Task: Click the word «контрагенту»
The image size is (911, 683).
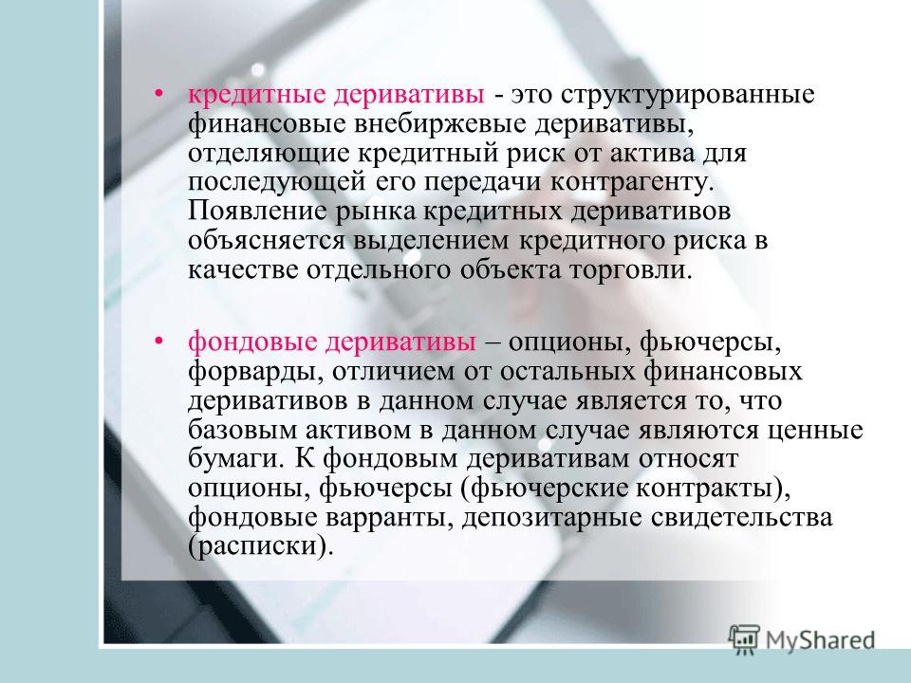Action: click(x=630, y=182)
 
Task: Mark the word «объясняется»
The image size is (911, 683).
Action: click(x=268, y=240)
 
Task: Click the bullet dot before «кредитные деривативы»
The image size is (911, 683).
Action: click(x=158, y=94)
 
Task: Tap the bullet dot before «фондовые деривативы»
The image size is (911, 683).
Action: click(x=158, y=341)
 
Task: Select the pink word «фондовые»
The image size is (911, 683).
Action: click(x=252, y=341)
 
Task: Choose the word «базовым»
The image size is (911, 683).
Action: click(x=242, y=430)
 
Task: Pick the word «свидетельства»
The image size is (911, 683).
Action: click(x=741, y=518)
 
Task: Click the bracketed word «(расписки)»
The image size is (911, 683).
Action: click(x=261, y=546)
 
